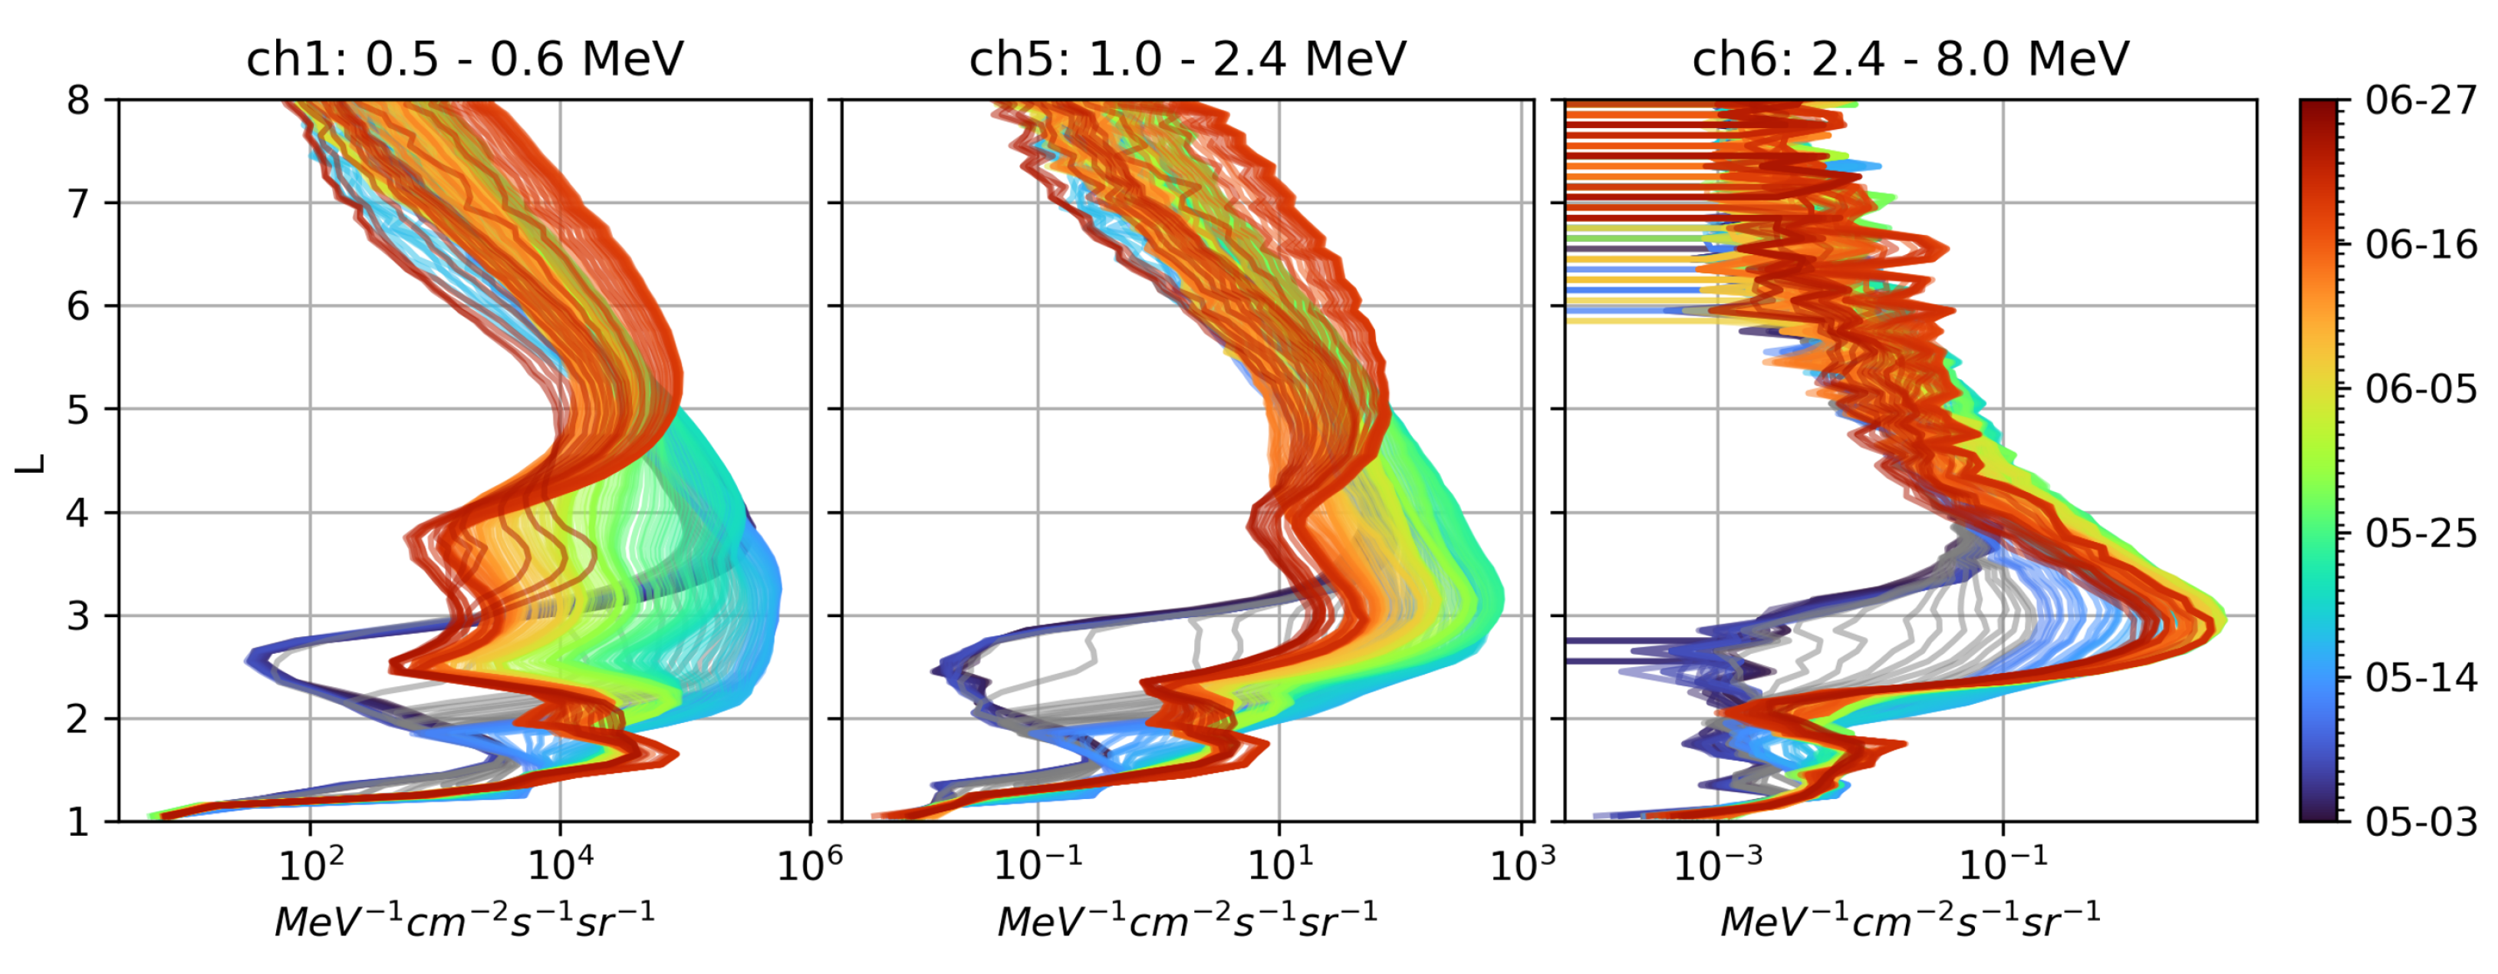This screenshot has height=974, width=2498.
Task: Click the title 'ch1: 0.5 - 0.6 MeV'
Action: click(x=465, y=60)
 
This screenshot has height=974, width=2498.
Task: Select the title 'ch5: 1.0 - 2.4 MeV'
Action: click(x=1187, y=60)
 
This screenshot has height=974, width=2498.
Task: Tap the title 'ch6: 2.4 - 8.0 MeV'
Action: click(x=1911, y=60)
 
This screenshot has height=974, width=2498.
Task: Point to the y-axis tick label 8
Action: click(x=78, y=100)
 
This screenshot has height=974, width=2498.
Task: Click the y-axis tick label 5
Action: click(x=78, y=409)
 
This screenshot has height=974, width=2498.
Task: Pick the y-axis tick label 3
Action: click(x=78, y=616)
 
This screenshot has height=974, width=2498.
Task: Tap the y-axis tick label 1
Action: click(x=78, y=823)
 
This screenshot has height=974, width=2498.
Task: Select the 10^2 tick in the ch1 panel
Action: click(x=311, y=863)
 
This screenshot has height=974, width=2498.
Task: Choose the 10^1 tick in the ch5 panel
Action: click(x=1279, y=863)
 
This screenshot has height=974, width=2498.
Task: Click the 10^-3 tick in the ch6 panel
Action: click(x=1717, y=863)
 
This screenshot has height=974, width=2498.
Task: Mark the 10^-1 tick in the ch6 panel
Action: click(x=2003, y=863)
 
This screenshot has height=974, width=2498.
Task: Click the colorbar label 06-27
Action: click(x=2421, y=100)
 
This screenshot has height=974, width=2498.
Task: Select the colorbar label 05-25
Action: click(x=2421, y=533)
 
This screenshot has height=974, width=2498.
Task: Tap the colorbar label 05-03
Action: click(x=2421, y=823)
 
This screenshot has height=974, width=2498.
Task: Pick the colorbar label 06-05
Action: click(x=2421, y=389)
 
